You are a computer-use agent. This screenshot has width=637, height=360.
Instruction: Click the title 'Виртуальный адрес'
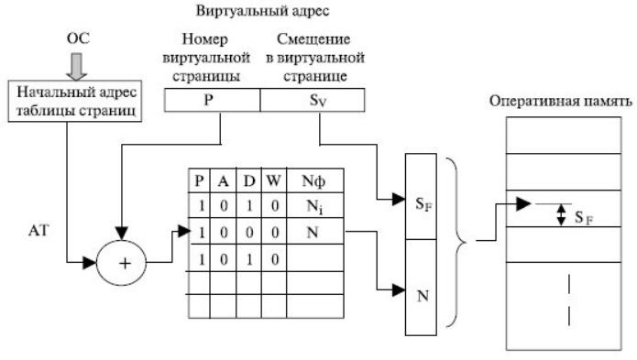(x=262, y=11)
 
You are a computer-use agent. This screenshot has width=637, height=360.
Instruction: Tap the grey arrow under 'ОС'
(x=76, y=66)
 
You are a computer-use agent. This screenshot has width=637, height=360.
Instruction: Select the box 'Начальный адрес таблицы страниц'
(x=75, y=101)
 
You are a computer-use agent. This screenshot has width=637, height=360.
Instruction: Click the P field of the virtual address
(x=212, y=100)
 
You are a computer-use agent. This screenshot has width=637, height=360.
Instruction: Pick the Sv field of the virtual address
(x=313, y=100)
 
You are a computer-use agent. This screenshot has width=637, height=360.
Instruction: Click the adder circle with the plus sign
(x=122, y=263)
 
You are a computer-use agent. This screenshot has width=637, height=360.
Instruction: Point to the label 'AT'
(x=38, y=231)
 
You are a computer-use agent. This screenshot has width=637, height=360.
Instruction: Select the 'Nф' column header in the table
(x=314, y=180)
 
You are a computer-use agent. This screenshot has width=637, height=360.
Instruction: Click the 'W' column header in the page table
(x=274, y=180)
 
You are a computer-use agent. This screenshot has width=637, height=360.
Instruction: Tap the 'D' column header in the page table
(x=248, y=180)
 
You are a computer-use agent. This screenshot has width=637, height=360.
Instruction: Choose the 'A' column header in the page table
(x=223, y=180)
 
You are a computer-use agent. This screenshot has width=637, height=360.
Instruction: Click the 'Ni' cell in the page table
(x=314, y=206)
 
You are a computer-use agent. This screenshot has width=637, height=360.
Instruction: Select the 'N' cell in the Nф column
(x=314, y=232)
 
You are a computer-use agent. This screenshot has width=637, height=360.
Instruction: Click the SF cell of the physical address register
(x=422, y=197)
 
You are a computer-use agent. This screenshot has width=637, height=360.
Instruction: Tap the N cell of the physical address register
(x=422, y=288)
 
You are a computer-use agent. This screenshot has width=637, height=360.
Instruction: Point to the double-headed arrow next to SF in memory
(x=561, y=214)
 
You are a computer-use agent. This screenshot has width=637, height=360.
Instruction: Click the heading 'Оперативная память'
(x=561, y=101)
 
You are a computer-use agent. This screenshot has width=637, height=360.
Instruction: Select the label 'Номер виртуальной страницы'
(x=206, y=57)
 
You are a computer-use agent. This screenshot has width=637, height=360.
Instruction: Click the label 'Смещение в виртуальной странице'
(x=315, y=57)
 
